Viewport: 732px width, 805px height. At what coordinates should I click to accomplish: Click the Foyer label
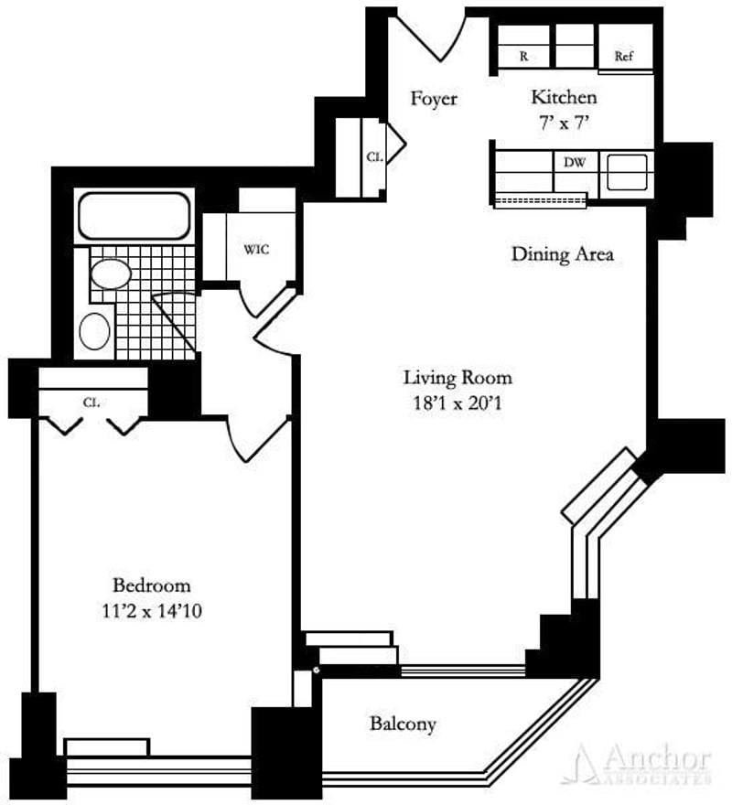pos(433,99)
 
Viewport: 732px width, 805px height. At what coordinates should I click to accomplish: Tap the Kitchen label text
pos(565,97)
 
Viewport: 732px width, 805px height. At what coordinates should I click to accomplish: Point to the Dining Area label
pos(562,254)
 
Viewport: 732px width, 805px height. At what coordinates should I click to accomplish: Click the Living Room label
pos(458,376)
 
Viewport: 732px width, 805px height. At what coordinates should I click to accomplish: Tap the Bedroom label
pos(151,585)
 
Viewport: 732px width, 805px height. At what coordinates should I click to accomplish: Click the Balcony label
pos(403,724)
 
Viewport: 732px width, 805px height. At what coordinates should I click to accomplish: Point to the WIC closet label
pos(256,249)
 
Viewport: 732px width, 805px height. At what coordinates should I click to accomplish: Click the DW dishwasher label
pos(575,163)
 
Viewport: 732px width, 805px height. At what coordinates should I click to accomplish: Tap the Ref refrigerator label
pos(624,56)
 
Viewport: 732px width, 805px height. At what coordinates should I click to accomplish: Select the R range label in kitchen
pos(524,56)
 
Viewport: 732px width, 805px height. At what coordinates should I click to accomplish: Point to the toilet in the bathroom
pos(112,274)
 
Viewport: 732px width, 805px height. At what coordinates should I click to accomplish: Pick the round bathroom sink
pos(95,330)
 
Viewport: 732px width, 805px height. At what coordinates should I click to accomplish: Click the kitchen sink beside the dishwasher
pos(627,168)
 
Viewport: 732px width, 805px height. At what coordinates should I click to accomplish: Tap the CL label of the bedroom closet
pos(91,401)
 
